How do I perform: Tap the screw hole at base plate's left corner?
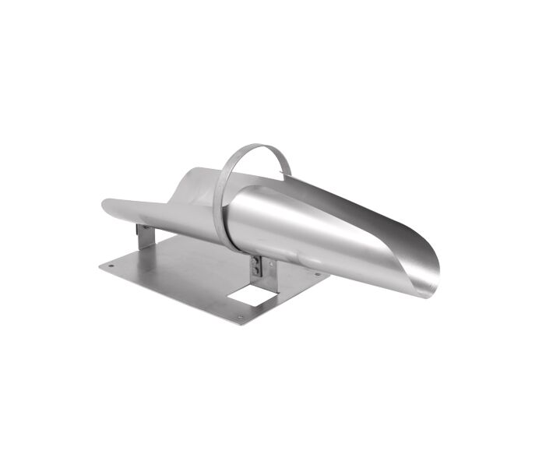(x=111, y=265)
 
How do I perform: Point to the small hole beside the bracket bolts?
(x=269, y=265)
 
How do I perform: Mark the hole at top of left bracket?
(x=139, y=228)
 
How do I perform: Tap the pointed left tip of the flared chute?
(x=104, y=204)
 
